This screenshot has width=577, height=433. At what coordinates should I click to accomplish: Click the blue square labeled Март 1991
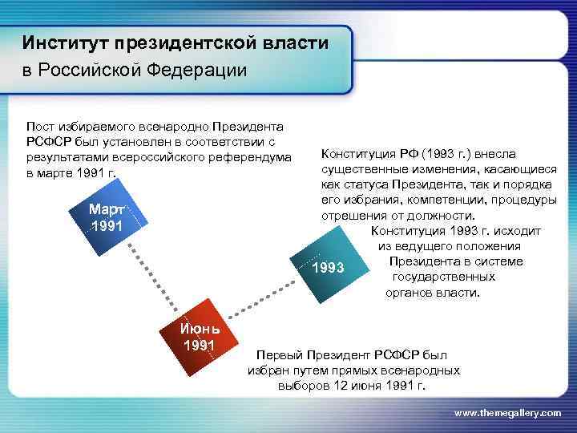(107, 218)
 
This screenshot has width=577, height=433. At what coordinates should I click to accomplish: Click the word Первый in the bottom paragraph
(276, 354)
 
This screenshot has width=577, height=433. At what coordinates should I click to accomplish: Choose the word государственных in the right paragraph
(443, 277)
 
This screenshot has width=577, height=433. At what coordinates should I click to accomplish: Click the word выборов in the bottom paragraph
(300, 385)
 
